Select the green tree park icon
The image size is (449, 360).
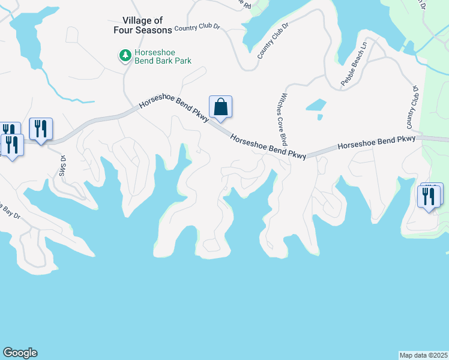[x=125, y=56]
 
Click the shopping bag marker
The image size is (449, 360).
[x=220, y=107]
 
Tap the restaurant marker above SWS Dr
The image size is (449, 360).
[x=41, y=128]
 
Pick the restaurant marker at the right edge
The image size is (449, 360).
[x=429, y=196]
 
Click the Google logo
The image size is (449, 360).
[x=20, y=353]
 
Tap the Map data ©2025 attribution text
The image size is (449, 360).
[x=423, y=355]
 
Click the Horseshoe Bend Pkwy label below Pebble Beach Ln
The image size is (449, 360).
[x=376, y=142]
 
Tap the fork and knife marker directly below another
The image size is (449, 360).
[x=11, y=145]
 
